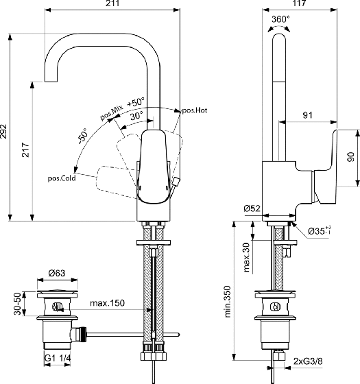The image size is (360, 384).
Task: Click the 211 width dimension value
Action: click(113, 3)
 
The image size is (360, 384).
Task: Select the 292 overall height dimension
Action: click(3, 131)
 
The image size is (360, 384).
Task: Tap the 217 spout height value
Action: click(26, 150)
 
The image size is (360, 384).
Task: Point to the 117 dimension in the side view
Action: click(299, 3)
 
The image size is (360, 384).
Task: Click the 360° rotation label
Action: click(280, 19)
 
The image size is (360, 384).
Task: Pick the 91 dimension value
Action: click(308, 115)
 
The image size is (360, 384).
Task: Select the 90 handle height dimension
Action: click(351, 157)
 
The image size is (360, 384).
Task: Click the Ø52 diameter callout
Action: click(252, 208)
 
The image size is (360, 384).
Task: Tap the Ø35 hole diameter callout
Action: click(320, 230)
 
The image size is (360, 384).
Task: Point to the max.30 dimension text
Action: click(247, 257)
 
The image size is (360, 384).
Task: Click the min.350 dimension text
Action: click(228, 302)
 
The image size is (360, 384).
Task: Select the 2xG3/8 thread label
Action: click(308, 361)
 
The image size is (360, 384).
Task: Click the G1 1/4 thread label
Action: click(58, 358)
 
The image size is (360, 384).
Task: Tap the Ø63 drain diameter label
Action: click(57, 273)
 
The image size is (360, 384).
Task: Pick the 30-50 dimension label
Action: click(18, 303)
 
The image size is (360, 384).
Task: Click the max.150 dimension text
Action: click(107, 303)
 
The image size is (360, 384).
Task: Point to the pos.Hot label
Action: click(194, 110)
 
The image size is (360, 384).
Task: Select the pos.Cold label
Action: click(62, 178)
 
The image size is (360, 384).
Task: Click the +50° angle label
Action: click(136, 102)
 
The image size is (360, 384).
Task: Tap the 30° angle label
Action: click(136, 115)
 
